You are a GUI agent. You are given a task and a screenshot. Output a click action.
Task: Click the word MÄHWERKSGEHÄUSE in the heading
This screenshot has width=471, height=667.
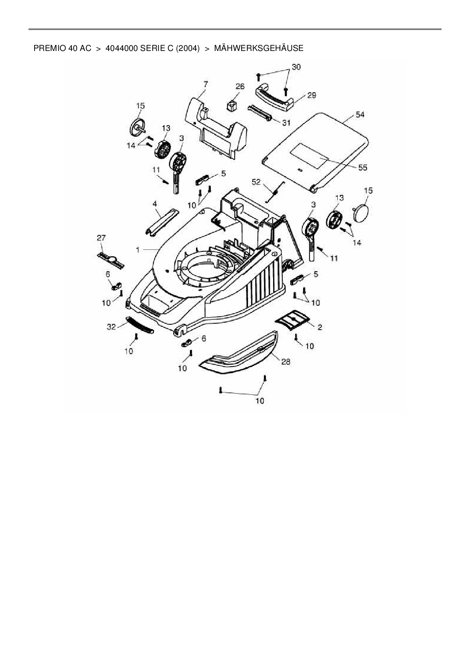point(259,48)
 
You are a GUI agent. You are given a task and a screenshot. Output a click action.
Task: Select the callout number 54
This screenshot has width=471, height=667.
point(360,114)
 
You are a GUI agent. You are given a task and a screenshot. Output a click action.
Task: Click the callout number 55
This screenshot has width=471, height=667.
point(363,167)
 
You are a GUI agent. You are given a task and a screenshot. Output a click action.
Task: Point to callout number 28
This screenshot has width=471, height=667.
point(285,362)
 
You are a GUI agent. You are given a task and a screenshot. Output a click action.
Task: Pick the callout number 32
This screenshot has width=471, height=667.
point(111,327)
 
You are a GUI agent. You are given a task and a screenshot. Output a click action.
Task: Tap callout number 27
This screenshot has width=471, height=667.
point(101,238)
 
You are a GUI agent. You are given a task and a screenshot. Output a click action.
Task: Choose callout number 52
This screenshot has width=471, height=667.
point(256,182)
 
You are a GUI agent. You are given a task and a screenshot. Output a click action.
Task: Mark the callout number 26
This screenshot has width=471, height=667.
point(240,86)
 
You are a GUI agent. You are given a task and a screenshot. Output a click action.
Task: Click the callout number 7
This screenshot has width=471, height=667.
point(205,83)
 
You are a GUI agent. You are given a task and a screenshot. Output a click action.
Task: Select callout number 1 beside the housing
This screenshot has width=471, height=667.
point(138,250)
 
